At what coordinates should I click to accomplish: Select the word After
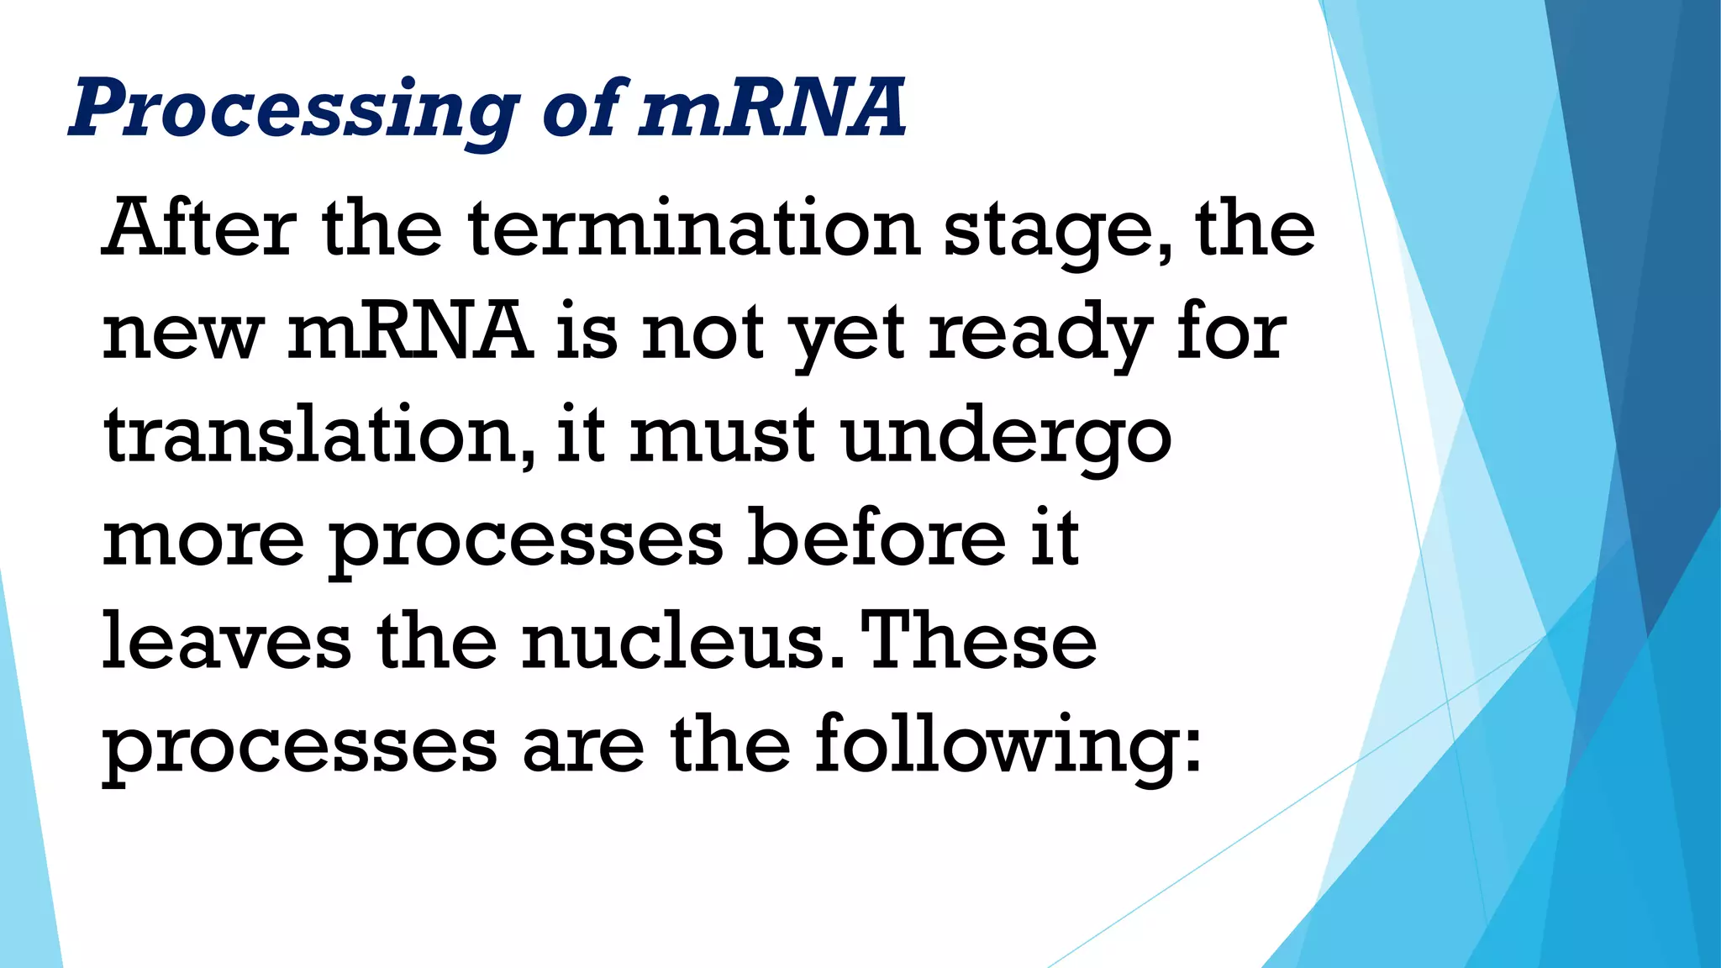(x=199, y=228)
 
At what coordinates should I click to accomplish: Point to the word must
(x=722, y=435)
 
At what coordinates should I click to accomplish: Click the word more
(x=203, y=539)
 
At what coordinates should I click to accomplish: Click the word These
(x=979, y=640)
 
